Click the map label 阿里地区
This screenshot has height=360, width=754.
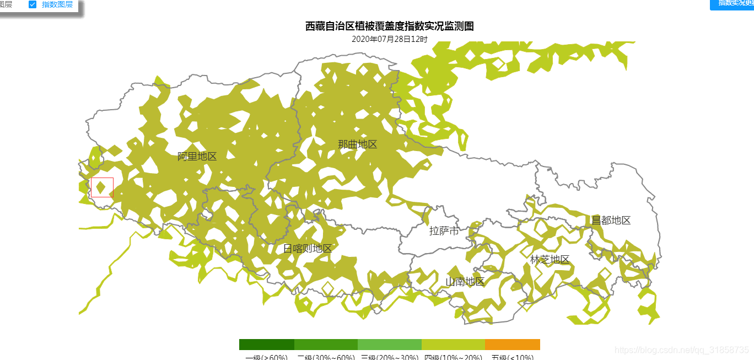pyautogui.click(x=197, y=157)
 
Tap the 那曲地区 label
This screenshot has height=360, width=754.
pyautogui.click(x=357, y=144)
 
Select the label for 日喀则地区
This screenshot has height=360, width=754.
pyautogui.click(x=308, y=249)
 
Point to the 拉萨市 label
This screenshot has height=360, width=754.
pyautogui.click(x=444, y=231)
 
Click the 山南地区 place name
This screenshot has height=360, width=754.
pyautogui.click(x=465, y=282)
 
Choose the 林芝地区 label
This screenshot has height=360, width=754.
pyautogui.click(x=550, y=260)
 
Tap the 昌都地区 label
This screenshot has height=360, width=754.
pyautogui.click(x=611, y=221)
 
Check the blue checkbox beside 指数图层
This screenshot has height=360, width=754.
pyautogui.click(x=33, y=4)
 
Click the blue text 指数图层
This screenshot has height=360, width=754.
pyautogui.click(x=57, y=4)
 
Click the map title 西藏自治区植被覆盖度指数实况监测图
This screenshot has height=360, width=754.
pyautogui.click(x=389, y=26)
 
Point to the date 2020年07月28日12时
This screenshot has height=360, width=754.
pyautogui.click(x=389, y=39)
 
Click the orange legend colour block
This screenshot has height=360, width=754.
pyautogui.click(x=512, y=345)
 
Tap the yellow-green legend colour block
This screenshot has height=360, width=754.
pyautogui.click(x=453, y=345)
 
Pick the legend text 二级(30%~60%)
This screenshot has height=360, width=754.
pyautogui.click(x=326, y=357)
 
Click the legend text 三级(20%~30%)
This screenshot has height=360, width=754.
pyautogui.click(x=389, y=357)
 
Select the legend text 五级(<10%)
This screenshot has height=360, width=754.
pyautogui.click(x=512, y=357)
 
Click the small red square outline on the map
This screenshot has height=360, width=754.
pyautogui.click(x=102, y=187)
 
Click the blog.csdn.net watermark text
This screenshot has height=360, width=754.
pyautogui.click(x=681, y=350)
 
